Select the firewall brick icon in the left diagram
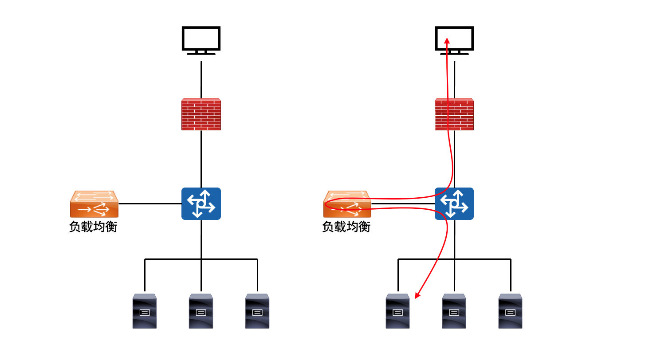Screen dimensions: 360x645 point(201,114)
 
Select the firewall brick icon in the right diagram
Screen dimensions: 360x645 point(454,114)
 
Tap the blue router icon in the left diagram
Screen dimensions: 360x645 point(201,203)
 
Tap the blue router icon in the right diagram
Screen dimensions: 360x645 point(454,203)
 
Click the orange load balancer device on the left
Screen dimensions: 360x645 point(94,203)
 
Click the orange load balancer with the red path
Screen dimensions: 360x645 point(347,203)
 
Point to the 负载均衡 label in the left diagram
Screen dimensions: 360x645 point(93,227)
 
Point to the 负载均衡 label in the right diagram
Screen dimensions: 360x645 point(346,227)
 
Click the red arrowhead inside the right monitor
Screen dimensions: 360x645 point(447,40)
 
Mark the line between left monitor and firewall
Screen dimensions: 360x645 point(201,80)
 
